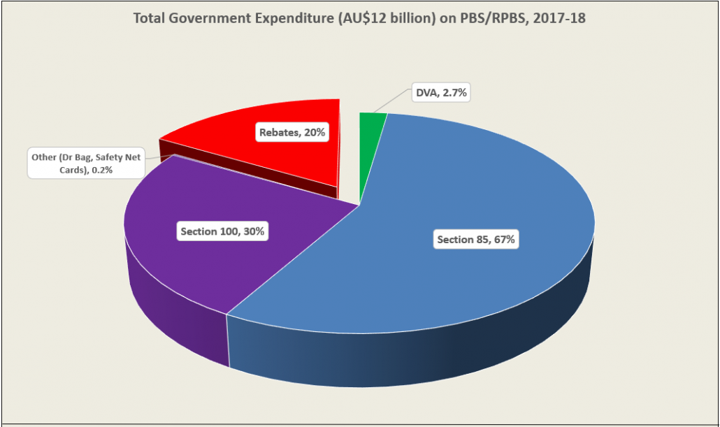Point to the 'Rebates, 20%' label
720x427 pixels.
pyautogui.click(x=292, y=131)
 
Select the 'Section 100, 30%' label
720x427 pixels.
pyautogui.click(x=222, y=231)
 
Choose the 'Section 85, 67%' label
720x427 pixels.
pyautogui.click(x=476, y=240)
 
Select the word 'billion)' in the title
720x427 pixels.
pyautogui.click(x=401, y=19)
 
